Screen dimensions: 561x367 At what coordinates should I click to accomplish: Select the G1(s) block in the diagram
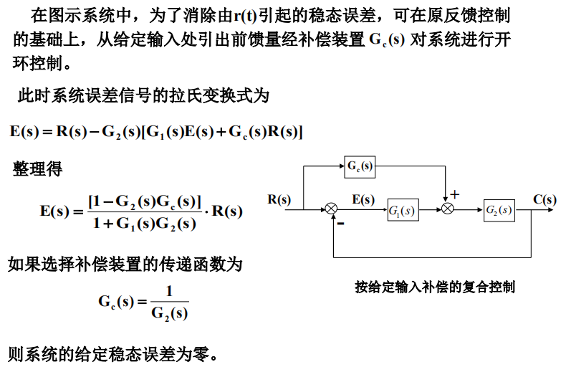coord(403,210)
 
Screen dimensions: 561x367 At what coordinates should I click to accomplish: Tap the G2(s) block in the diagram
coord(499,210)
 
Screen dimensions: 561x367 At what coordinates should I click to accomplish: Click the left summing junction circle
coord(331,209)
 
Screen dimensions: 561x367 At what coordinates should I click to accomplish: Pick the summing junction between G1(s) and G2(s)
coord(449,209)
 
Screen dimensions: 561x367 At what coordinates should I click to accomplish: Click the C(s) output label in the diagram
coord(545,200)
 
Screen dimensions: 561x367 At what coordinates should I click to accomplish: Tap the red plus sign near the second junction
coord(455,194)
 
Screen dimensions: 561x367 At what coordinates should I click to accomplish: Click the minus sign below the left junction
coord(340,224)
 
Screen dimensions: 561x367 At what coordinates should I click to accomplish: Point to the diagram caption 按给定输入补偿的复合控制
coord(435,287)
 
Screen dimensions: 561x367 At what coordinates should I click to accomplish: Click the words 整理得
coord(37,170)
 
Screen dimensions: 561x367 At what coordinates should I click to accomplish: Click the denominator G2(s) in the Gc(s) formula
coord(169,313)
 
